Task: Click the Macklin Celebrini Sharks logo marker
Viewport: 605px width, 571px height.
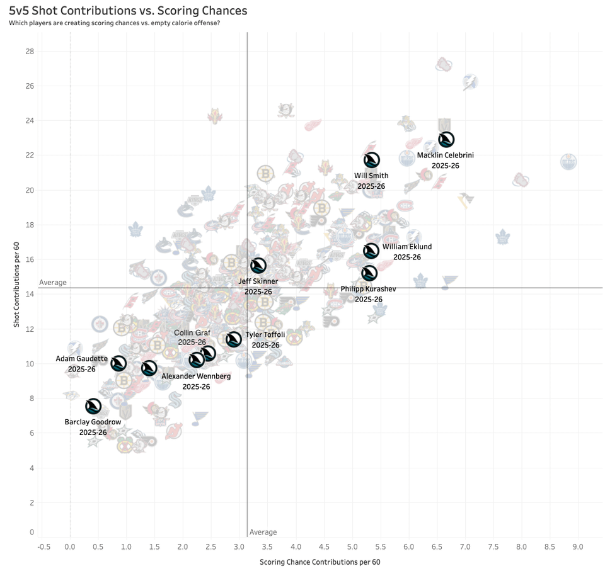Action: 446,140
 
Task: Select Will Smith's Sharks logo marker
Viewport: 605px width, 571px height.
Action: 372,160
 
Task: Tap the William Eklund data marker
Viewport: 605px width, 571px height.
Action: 371,251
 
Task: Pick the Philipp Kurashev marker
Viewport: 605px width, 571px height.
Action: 369,273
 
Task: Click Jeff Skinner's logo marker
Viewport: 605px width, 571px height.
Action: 258,266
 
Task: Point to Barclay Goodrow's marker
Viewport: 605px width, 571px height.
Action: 93,406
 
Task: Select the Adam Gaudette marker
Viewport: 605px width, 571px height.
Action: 118,363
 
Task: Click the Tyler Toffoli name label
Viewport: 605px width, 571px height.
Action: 266,336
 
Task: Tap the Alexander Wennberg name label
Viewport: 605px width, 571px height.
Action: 196,376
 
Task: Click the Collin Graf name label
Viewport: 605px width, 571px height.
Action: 192,332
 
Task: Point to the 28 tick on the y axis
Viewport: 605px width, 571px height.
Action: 28,51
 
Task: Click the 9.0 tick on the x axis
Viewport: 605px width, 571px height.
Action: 577,546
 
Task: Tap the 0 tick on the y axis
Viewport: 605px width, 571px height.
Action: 32,532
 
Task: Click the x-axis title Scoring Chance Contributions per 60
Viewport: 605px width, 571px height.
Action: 320,562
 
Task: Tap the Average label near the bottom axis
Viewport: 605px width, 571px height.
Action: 263,533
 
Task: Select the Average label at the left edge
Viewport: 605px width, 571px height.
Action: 53,283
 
